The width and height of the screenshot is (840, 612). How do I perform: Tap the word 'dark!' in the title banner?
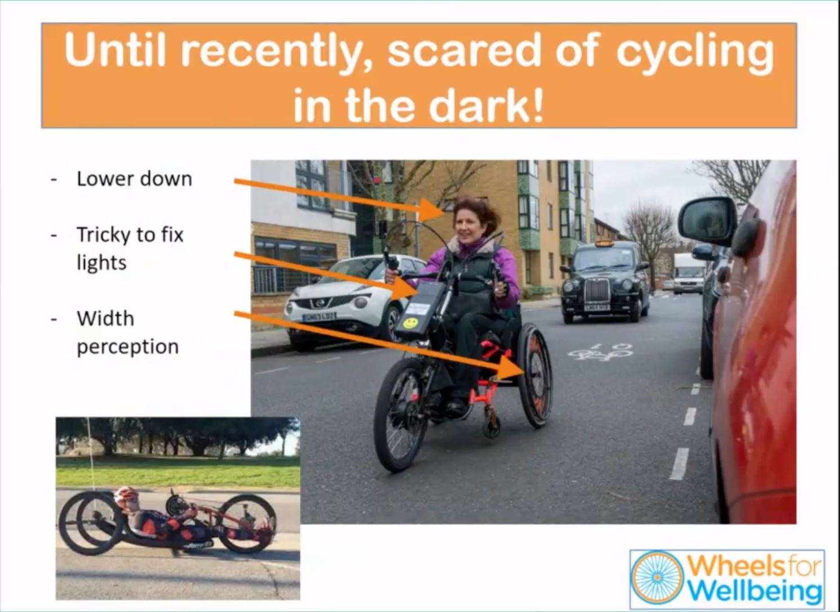pyautogui.click(x=486, y=105)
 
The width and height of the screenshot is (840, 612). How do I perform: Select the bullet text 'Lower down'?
pyautogui.click(x=134, y=179)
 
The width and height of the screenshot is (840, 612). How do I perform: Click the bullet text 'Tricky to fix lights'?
pyautogui.click(x=130, y=248)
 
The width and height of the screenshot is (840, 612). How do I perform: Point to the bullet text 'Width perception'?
pyautogui.click(x=128, y=332)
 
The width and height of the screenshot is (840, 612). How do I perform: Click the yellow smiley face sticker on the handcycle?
pyautogui.click(x=410, y=323)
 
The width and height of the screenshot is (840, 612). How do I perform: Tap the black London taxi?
pyautogui.click(x=605, y=282)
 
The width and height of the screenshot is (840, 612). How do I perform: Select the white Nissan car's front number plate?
pyautogui.click(x=319, y=317)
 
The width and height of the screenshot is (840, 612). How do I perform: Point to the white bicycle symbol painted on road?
pyautogui.click(x=600, y=352)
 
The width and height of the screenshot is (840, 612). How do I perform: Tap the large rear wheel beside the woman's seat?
pyautogui.click(x=535, y=375)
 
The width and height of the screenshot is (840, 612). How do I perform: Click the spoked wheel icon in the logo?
pyautogui.click(x=657, y=578)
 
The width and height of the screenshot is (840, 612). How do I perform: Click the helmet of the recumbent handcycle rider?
pyautogui.click(x=127, y=496)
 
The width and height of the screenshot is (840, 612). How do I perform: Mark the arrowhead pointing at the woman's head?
pyautogui.click(x=432, y=210)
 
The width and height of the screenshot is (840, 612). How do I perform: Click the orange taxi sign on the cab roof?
pyautogui.click(x=604, y=244)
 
